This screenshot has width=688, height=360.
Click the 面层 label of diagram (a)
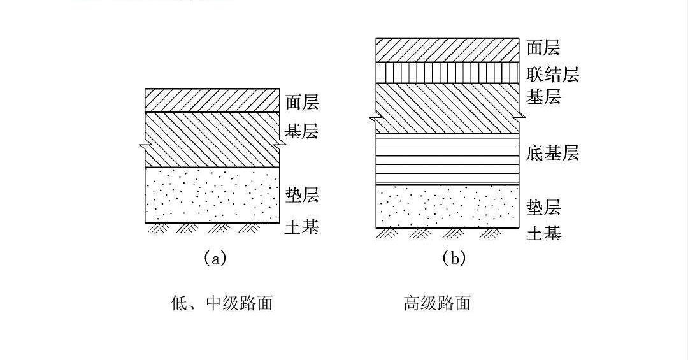[301, 102]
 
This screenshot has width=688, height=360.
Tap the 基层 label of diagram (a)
[301, 132]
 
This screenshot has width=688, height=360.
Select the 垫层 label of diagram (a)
[301, 194]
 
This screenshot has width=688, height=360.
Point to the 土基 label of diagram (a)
[301, 227]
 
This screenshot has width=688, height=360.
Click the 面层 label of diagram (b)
[543, 47]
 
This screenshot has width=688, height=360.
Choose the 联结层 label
[552, 74]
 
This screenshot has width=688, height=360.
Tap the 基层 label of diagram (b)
[543, 97]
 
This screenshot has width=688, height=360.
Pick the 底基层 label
[552, 153]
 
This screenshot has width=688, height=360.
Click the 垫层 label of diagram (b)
[543, 207]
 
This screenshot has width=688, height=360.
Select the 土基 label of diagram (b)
[543, 233]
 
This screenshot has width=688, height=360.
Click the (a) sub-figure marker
[215, 258]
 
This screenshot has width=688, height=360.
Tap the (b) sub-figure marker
[454, 258]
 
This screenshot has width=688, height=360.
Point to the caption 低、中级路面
[222, 303]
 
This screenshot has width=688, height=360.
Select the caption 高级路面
[437, 303]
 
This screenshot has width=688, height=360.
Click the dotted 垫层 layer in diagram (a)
[213, 195]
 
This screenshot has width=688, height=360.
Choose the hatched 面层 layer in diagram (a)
[213, 100]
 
